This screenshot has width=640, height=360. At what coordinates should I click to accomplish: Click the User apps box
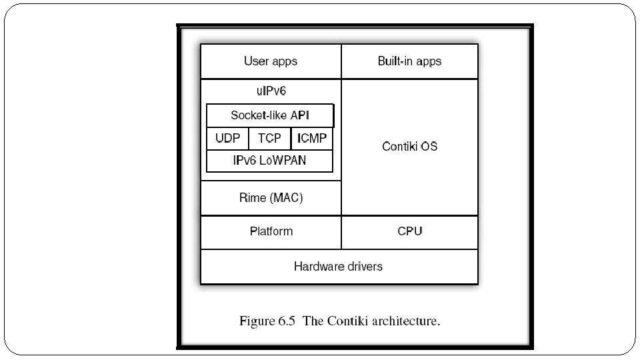[x=271, y=61]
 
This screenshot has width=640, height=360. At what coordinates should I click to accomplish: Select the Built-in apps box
[x=409, y=61]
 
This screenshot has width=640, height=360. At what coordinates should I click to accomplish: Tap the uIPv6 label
[x=271, y=89]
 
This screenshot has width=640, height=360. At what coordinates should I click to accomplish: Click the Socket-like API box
[x=270, y=115]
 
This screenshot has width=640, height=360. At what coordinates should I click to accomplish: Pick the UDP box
[x=227, y=139]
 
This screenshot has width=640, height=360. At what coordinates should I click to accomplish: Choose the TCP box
[x=269, y=139]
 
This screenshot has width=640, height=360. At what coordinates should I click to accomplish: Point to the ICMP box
[x=312, y=139]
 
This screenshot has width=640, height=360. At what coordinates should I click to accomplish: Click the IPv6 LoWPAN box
[x=269, y=161]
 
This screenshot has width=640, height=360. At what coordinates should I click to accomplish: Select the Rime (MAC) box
[x=271, y=198]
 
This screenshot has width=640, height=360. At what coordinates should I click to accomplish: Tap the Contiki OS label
[x=409, y=146]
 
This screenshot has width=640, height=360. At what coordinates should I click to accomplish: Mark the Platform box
[x=271, y=231]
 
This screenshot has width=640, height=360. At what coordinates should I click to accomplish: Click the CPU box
[x=409, y=231]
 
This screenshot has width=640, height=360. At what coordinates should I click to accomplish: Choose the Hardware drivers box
[x=339, y=267]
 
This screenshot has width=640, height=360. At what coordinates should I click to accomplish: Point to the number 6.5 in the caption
[x=288, y=321]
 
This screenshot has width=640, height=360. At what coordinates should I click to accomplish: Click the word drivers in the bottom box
[x=364, y=267]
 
